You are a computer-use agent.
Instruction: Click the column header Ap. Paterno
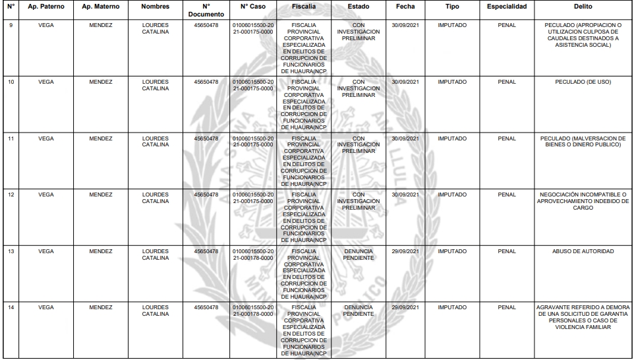tap(46, 6)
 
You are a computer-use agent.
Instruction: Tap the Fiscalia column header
tap(303, 6)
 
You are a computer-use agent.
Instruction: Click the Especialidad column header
tap(507, 6)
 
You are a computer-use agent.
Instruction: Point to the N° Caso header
tap(253, 6)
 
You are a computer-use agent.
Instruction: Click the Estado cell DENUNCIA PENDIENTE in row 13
tap(359, 255)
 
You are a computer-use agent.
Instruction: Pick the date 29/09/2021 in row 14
tap(405, 307)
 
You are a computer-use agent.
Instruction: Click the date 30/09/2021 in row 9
tap(405, 26)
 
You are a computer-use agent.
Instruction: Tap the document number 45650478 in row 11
tap(206, 138)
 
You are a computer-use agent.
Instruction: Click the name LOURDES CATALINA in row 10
tap(156, 86)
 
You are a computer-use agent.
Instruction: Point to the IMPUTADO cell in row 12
tap(452, 195)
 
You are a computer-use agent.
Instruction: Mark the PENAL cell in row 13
tap(507, 251)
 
